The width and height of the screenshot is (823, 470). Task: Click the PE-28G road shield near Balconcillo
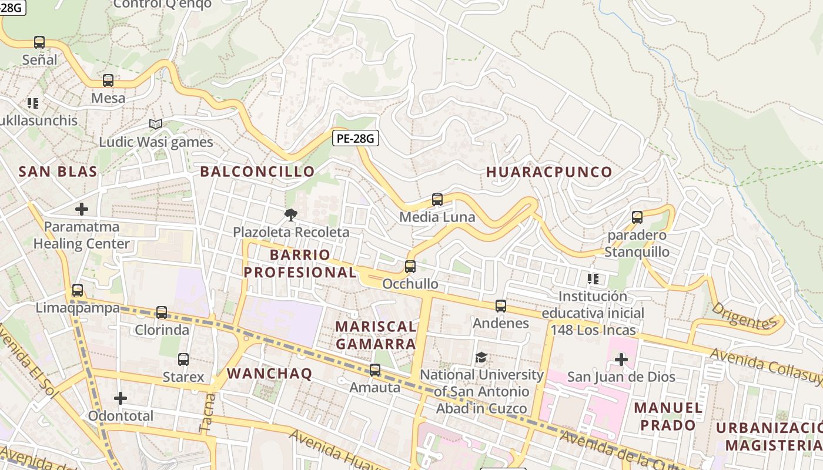[x=355, y=139]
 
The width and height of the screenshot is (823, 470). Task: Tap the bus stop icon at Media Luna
[x=437, y=200]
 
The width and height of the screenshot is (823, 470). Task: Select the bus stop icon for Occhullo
[x=410, y=267]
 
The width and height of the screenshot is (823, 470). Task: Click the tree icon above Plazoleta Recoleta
[x=290, y=215]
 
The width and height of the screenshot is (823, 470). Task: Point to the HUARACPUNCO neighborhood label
[x=549, y=172]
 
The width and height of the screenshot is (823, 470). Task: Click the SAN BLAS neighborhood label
[x=58, y=172]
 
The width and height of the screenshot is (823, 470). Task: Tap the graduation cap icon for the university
[x=481, y=357]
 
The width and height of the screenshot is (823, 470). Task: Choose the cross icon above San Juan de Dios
[x=621, y=360]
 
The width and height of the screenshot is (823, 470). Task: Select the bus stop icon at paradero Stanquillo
[x=637, y=217]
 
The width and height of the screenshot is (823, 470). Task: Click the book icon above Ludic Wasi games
[x=155, y=125]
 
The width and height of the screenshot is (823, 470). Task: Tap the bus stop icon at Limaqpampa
[x=77, y=290]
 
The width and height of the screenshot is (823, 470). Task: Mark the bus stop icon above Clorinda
[x=162, y=313]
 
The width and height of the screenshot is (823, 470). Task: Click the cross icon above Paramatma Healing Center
[x=82, y=209]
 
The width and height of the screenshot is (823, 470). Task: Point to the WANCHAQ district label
[x=269, y=374]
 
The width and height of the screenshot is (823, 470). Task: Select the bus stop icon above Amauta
[x=374, y=370]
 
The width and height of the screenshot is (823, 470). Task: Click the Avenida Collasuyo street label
[x=764, y=365]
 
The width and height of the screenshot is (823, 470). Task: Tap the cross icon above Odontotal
[x=121, y=399]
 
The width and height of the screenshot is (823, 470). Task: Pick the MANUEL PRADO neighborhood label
[x=668, y=416]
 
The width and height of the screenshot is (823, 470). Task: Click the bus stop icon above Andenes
[x=500, y=306]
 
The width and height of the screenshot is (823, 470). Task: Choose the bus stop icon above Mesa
[x=108, y=80]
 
